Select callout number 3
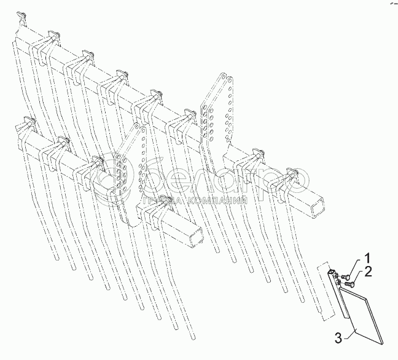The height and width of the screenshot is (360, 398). click(x=338, y=337)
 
